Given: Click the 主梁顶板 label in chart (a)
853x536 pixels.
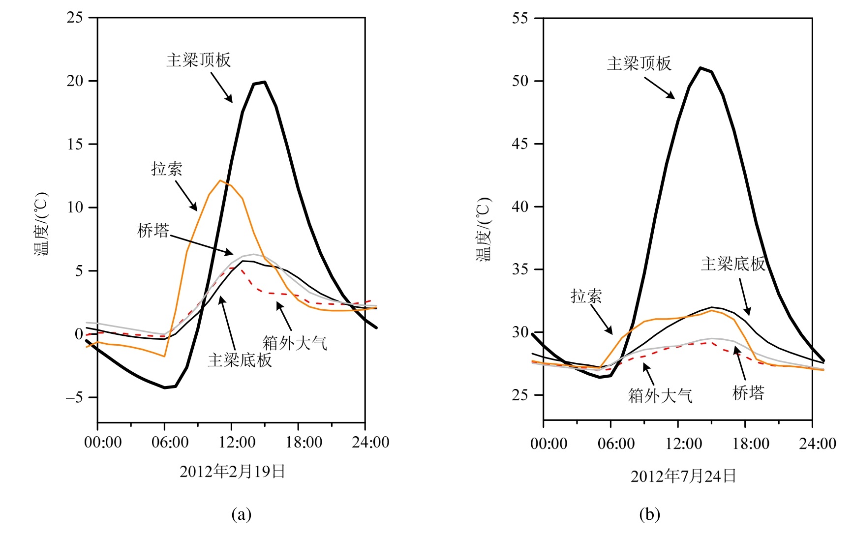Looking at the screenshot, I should (x=198, y=60).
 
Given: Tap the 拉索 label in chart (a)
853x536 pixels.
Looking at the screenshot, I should (x=167, y=169).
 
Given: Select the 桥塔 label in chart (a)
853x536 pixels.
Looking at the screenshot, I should (x=153, y=231).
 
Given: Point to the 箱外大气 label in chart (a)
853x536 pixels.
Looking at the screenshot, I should (x=295, y=343).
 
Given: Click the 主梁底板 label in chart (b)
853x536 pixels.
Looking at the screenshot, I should (x=733, y=264).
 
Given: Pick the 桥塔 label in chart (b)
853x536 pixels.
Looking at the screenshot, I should (x=748, y=393).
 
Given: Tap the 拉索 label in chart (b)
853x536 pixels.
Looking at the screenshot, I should (x=586, y=296).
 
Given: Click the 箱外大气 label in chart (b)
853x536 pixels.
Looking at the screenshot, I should (x=660, y=396).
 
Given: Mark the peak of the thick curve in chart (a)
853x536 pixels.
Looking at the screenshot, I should (x=264, y=82).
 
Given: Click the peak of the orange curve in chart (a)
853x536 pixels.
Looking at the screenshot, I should (x=220, y=180).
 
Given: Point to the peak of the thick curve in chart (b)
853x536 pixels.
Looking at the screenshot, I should (x=701, y=68).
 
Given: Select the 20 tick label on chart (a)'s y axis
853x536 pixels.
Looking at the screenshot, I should (x=75, y=81).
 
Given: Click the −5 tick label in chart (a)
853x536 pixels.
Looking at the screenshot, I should (x=74, y=397).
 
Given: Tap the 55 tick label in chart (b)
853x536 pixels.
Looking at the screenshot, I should (x=520, y=18).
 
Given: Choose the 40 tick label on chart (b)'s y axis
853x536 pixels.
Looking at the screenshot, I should (x=520, y=207).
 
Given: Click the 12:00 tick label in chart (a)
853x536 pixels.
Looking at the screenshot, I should (x=237, y=442).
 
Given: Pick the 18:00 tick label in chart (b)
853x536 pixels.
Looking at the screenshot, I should (x=751, y=444).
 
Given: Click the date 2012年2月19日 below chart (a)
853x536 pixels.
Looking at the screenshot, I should (x=233, y=472).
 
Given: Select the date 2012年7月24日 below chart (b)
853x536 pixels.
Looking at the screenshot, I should (x=683, y=476).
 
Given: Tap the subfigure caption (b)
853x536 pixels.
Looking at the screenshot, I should (x=649, y=514).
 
